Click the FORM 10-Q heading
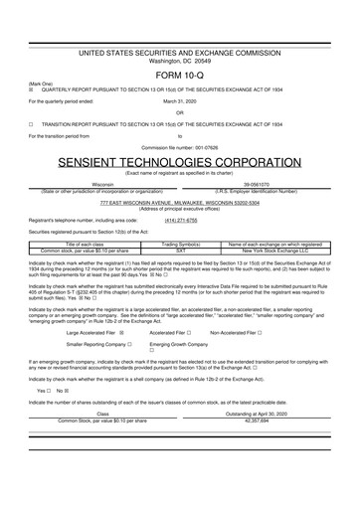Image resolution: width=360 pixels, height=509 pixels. click(x=180, y=75)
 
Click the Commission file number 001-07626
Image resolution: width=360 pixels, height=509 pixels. click(x=180, y=147)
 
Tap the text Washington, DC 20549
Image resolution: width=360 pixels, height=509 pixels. click(x=180, y=62)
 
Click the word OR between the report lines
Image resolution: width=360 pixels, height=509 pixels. click(x=180, y=112)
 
